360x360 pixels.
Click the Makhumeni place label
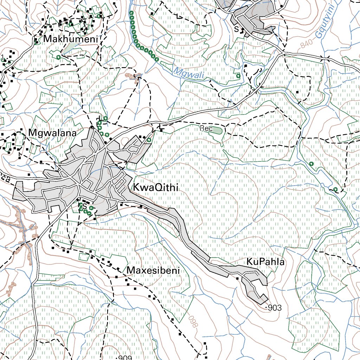pos(70,39)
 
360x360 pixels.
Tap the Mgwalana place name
pos(53,133)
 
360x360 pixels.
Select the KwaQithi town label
pos(155,188)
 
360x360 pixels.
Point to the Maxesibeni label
pos(153,271)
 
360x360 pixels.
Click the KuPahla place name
pos(265,262)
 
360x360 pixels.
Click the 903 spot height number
pos(275,308)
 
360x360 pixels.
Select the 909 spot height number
pos(125,358)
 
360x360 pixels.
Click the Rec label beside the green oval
pos(206,129)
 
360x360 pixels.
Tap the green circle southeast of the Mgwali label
pos(238,75)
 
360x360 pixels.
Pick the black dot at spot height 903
pos(266,307)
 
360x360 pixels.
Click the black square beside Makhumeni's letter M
pos(37,43)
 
